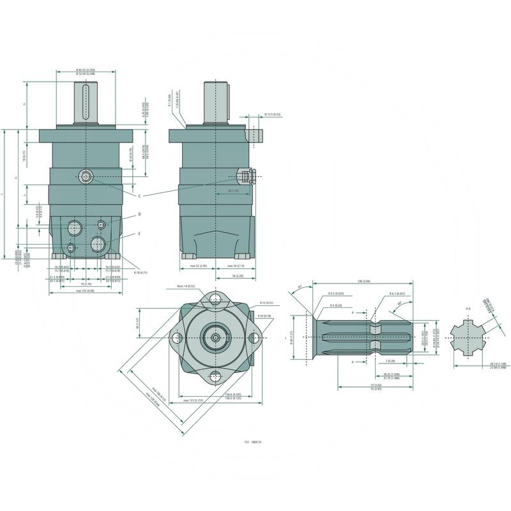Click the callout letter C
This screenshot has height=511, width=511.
[139, 195]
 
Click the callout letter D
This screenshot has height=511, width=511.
[139, 215]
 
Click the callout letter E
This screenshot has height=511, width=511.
[139, 234]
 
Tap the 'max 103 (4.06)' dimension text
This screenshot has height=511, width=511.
[85, 291]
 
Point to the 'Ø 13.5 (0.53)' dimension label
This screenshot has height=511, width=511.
[273, 115]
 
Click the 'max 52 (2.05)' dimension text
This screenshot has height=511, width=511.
[199, 265]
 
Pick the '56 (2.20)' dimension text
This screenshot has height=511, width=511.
[237, 276]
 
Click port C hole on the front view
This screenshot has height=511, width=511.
[85, 176]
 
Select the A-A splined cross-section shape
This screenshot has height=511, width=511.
[468, 337]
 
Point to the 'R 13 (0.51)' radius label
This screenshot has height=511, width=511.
[266, 303]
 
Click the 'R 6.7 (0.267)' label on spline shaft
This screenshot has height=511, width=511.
[398, 294]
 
